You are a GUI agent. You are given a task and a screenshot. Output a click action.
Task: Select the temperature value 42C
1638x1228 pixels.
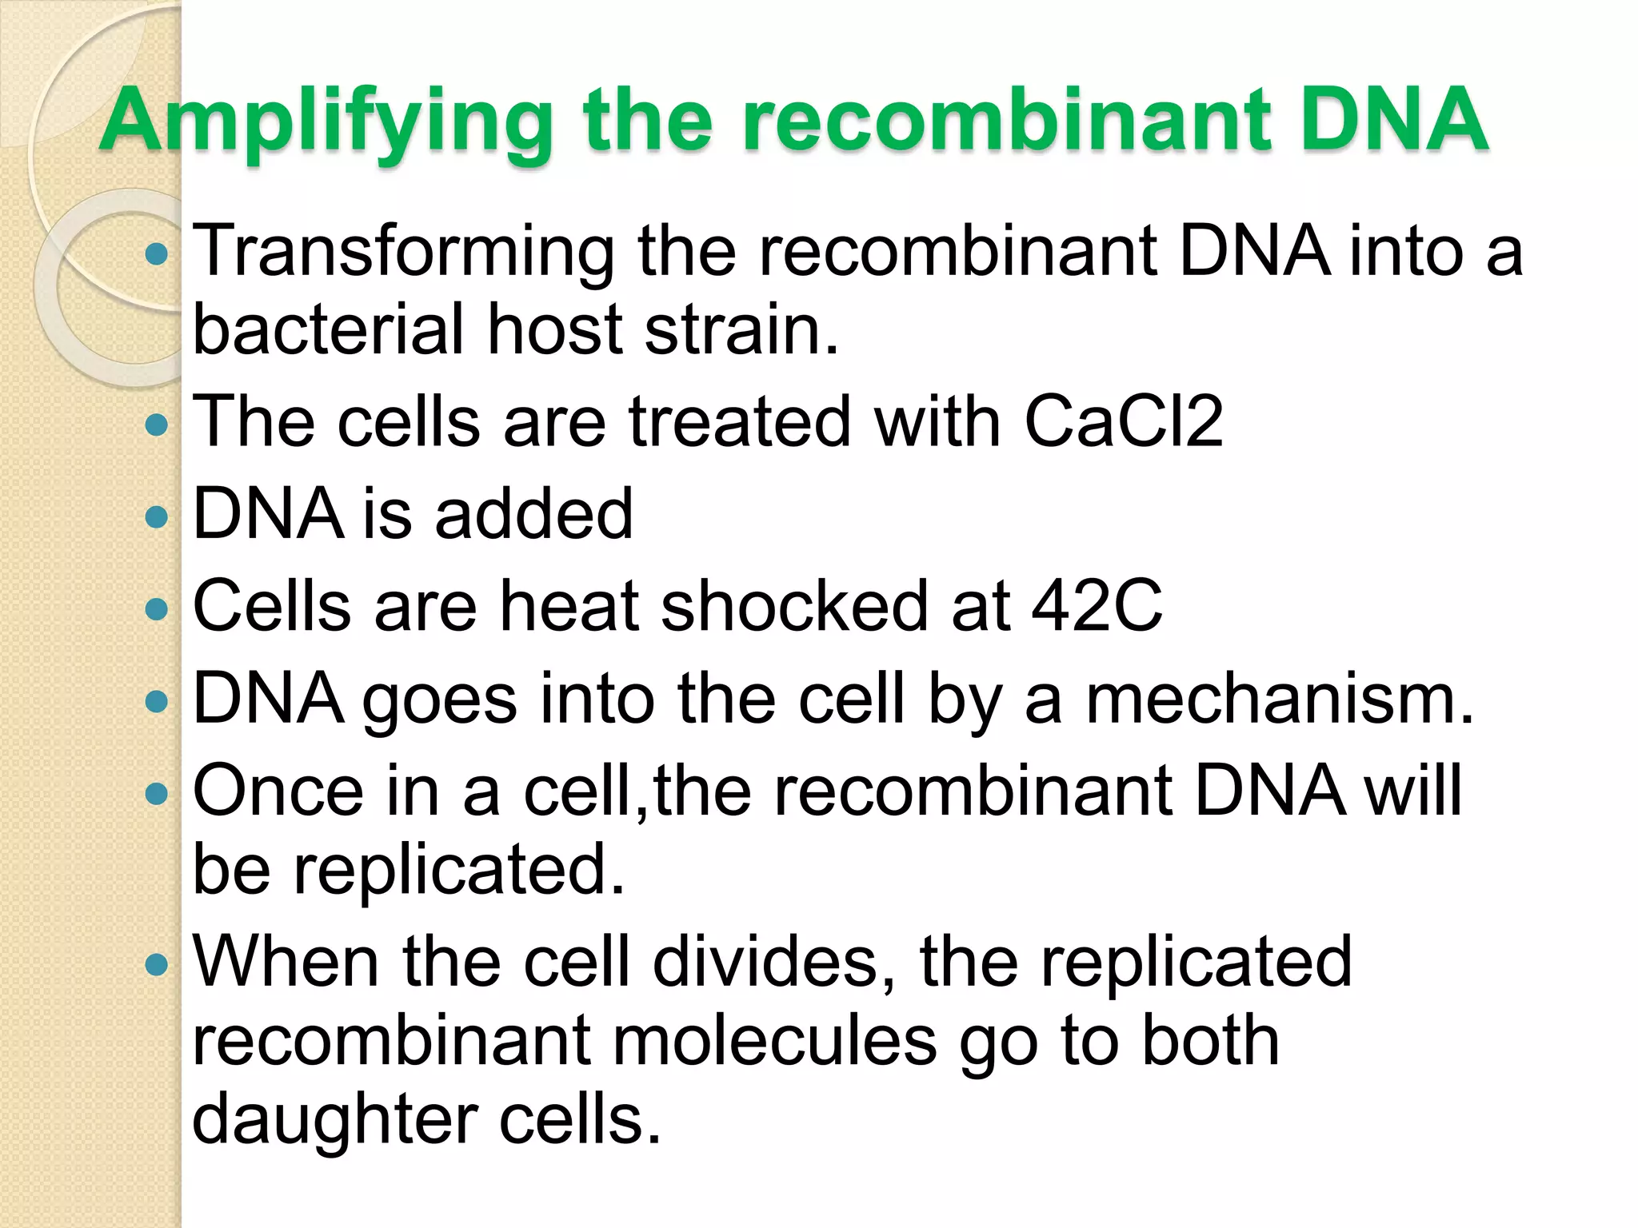(1097, 606)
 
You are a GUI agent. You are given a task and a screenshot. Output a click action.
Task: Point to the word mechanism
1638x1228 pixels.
(1279, 699)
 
